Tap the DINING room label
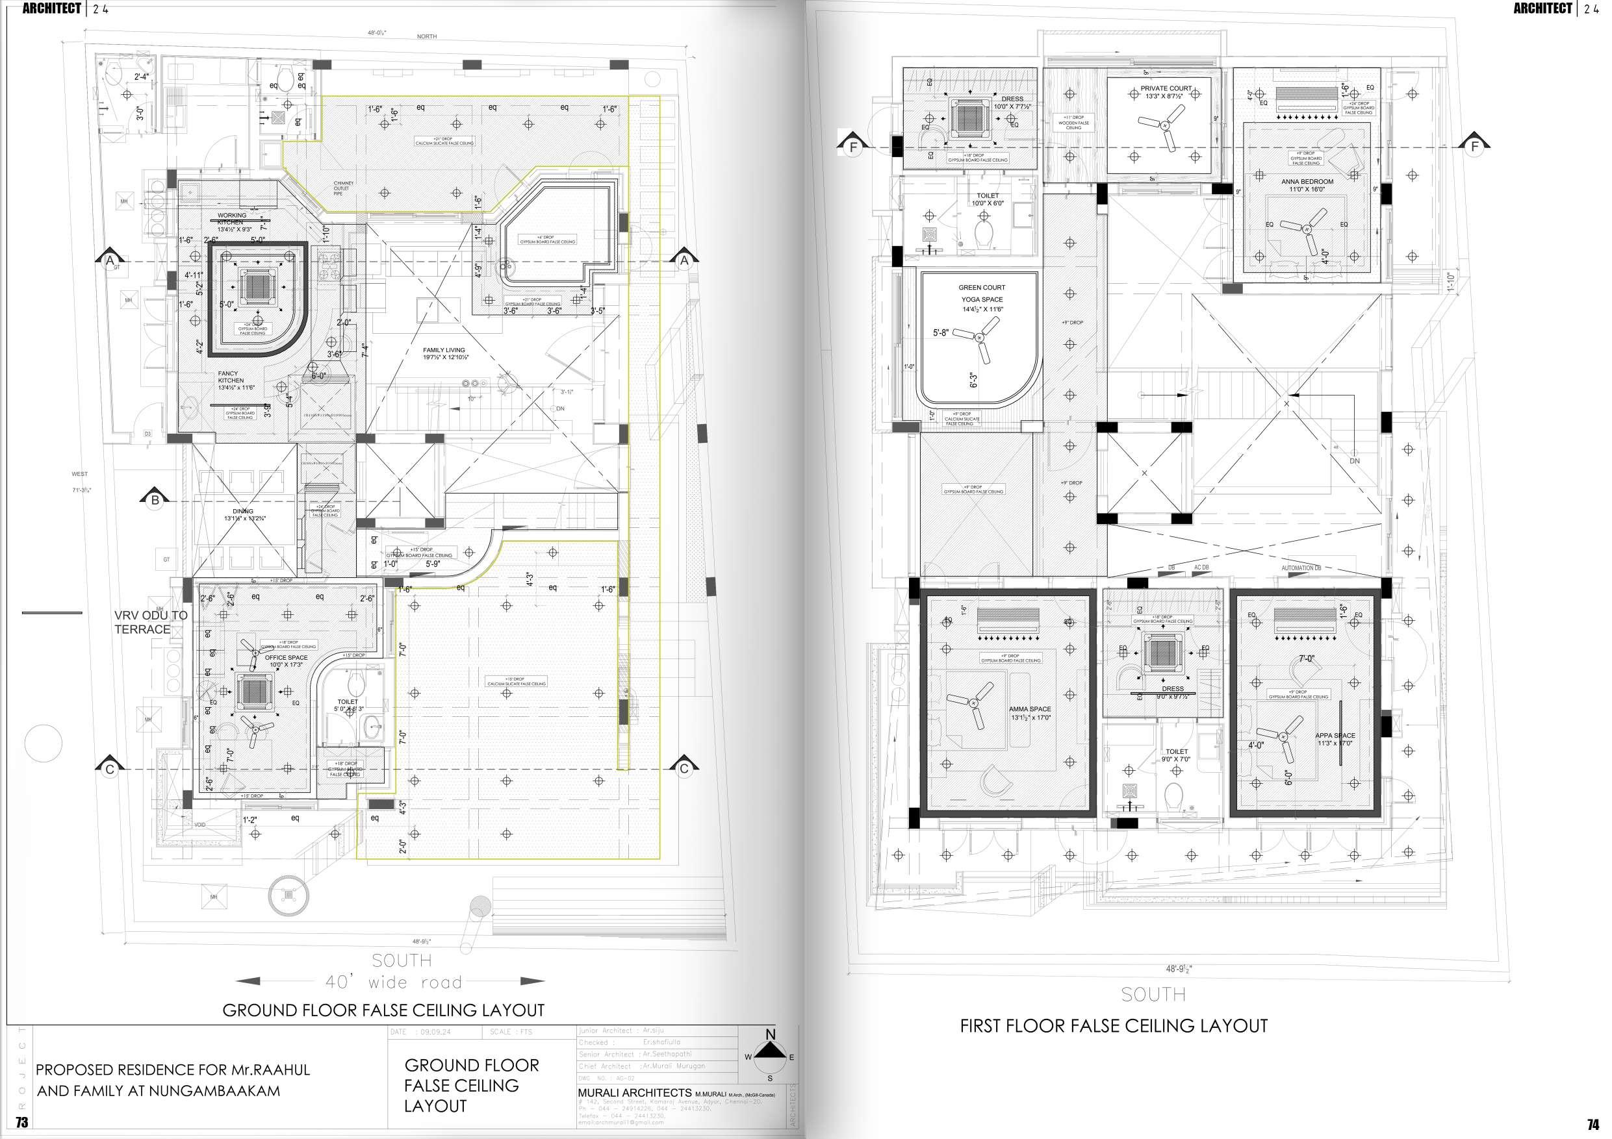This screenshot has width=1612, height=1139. (243, 511)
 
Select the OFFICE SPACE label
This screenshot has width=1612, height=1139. (286, 658)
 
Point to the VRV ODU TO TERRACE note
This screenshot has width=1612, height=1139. (150, 622)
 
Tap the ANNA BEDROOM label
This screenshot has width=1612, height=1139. (1307, 182)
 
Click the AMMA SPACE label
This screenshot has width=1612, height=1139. (1030, 710)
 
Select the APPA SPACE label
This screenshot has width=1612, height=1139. (1335, 736)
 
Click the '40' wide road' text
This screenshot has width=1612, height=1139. (393, 982)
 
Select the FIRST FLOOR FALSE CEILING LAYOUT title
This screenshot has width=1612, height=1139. (1114, 1026)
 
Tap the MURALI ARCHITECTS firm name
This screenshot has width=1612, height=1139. (634, 1093)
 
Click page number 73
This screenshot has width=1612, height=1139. (21, 1122)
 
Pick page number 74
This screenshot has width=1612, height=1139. (1593, 1124)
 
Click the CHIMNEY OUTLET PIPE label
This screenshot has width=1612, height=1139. (342, 188)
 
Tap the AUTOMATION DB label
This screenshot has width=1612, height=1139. (1300, 568)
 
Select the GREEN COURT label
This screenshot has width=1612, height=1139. (982, 288)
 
